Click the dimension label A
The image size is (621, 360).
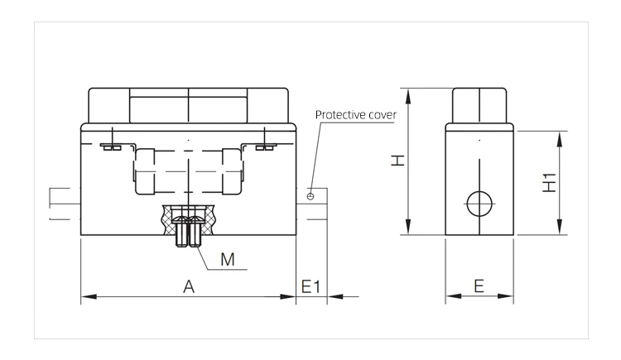(x=189, y=286)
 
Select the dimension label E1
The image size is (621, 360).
(x=310, y=286)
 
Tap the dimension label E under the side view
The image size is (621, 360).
(x=479, y=286)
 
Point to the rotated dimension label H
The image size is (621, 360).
(x=398, y=160)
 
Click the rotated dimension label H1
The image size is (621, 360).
(x=549, y=183)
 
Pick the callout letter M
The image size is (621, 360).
(x=228, y=260)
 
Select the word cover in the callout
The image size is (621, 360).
(x=383, y=115)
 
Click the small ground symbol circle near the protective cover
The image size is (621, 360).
(x=310, y=196)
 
